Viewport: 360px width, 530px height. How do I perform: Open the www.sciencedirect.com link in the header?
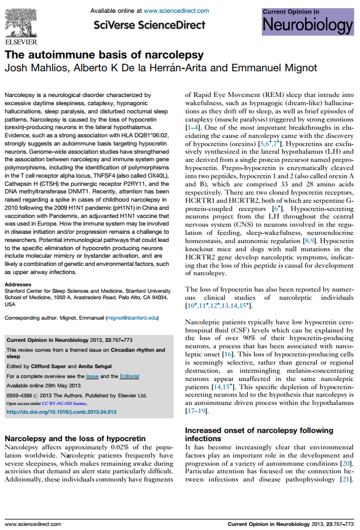point(176,11)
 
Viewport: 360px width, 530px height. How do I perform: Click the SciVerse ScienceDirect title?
point(150,25)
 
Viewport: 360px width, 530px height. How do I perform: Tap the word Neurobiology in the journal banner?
point(308,26)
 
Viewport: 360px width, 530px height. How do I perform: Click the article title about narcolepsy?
point(104,55)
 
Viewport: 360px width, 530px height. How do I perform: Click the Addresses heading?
point(18,284)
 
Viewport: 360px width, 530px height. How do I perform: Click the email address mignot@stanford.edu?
point(132,318)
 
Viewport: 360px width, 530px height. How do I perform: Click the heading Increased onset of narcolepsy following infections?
point(258,434)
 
